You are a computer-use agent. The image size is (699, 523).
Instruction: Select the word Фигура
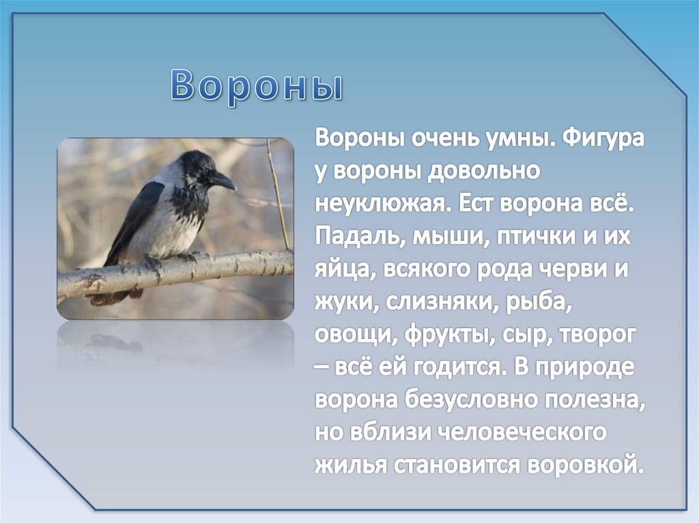tap(603, 138)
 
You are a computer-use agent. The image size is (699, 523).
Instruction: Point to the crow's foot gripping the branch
tap(154, 262)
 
